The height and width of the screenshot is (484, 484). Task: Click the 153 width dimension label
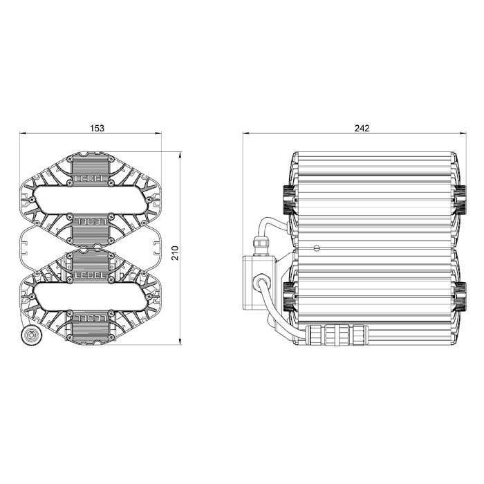[x=97, y=128]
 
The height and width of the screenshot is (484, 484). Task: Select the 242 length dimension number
[x=362, y=128]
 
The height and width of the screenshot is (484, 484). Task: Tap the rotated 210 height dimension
[x=175, y=253]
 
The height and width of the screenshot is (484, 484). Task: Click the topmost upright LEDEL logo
[x=91, y=178]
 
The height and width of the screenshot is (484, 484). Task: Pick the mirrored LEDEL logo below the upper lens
[x=91, y=221]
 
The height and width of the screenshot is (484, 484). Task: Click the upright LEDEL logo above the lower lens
[x=91, y=274]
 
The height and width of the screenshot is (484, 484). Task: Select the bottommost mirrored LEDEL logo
[x=91, y=317]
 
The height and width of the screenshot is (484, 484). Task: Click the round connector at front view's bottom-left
[x=31, y=335]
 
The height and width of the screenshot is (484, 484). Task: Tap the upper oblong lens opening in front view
[x=91, y=200]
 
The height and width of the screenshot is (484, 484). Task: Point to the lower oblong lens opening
[x=91, y=297]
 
